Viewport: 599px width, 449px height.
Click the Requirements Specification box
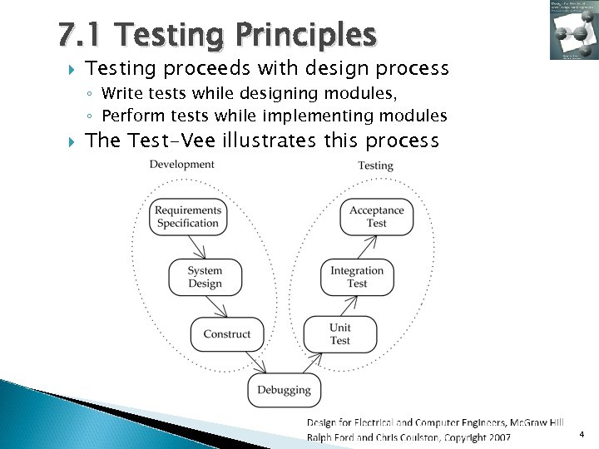tap(188, 217)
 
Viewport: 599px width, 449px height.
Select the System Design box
tap(205, 277)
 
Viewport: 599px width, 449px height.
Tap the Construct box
tap(227, 334)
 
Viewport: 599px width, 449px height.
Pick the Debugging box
tap(284, 389)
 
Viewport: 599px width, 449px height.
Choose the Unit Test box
tap(339, 334)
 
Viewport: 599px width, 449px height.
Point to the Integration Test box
tap(357, 277)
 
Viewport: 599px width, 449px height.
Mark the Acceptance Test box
tap(377, 217)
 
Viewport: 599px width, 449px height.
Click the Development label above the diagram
tap(182, 165)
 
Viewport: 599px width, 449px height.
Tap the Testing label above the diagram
tap(376, 165)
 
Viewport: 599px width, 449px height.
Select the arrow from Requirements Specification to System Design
tap(196, 247)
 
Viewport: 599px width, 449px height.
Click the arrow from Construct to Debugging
tap(255, 363)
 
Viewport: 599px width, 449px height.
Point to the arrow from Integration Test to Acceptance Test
tap(367, 247)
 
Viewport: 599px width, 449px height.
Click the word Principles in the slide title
tap(306, 36)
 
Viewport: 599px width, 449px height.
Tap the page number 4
tap(582, 435)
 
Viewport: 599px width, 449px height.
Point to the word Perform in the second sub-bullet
tap(129, 116)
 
